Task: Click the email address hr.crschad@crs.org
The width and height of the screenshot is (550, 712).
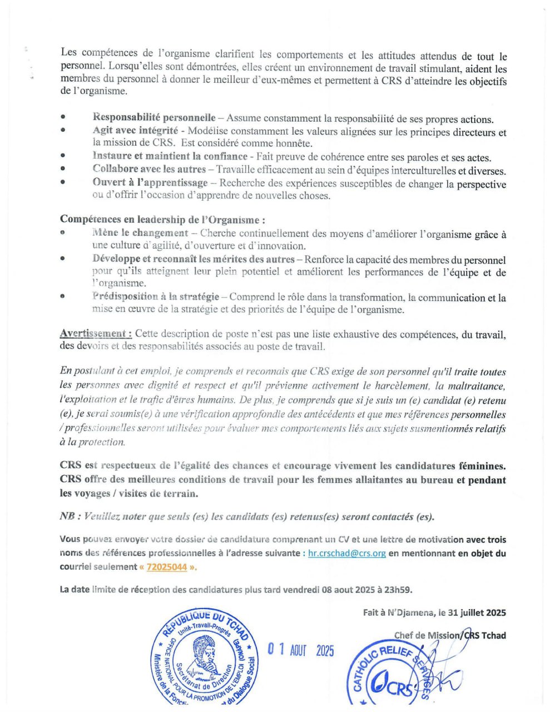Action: click(x=346, y=553)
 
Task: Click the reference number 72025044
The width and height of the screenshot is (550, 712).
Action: click(x=166, y=567)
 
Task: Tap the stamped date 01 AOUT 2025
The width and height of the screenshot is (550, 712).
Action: click(x=301, y=650)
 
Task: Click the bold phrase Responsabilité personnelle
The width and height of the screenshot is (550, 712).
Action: click(x=154, y=118)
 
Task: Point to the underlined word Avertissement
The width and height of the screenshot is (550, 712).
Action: click(x=96, y=334)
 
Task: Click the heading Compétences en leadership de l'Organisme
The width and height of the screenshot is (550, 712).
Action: click(x=162, y=220)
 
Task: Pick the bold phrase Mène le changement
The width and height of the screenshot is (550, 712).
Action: click(x=140, y=233)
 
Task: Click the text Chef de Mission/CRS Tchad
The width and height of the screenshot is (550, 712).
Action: click(x=450, y=635)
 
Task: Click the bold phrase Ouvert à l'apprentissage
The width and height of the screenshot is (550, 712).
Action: click(x=150, y=182)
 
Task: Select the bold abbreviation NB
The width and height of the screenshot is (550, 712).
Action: click(x=67, y=516)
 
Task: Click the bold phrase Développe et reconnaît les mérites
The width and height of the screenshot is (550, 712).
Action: click(x=194, y=259)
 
